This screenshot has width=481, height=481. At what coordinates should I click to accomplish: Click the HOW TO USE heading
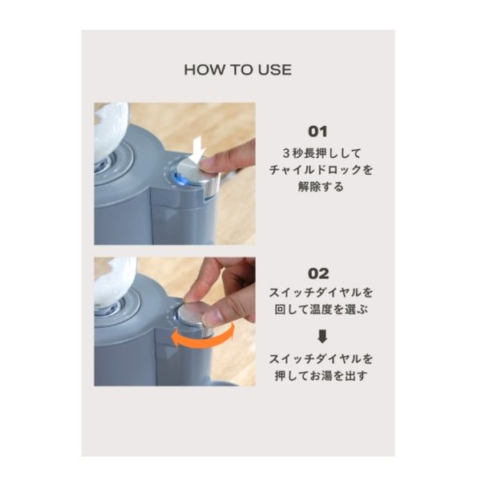pos(238,70)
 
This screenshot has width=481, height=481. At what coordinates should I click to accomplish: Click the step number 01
pos(317,131)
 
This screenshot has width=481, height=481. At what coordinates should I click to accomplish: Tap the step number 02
pos(318,273)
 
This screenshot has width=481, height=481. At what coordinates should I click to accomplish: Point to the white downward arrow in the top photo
pos(196,151)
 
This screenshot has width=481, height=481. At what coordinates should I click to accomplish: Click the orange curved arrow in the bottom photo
pos(204,338)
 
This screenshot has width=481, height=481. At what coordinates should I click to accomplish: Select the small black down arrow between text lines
pos(322,336)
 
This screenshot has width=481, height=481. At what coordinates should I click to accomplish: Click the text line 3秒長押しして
pos(321,153)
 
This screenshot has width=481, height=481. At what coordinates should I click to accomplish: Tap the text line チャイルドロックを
pos(321,170)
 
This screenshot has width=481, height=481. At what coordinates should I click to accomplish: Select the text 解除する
pos(321,186)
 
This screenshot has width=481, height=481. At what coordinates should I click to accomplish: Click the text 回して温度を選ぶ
pos(321,309)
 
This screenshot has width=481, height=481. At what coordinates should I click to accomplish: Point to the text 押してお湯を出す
pos(321,375)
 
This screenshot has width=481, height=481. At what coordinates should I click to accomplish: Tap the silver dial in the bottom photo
pos(196,319)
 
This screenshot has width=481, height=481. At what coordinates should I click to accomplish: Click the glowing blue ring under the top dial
pos(180,180)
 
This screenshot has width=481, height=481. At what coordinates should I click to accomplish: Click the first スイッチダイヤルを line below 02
pos(321,293)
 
